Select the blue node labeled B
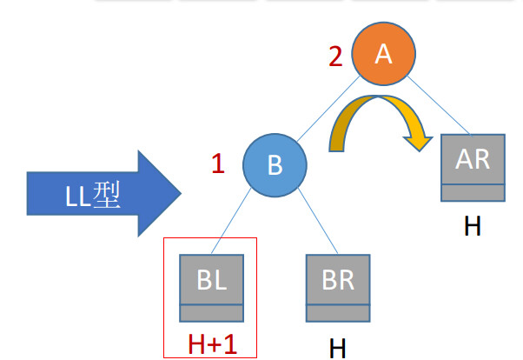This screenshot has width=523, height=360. coord(275,165)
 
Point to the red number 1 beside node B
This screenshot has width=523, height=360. coord(218,163)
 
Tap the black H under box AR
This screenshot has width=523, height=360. coord(472,226)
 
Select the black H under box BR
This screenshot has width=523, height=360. coord(338,349)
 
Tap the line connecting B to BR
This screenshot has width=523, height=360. coord(311,223)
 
